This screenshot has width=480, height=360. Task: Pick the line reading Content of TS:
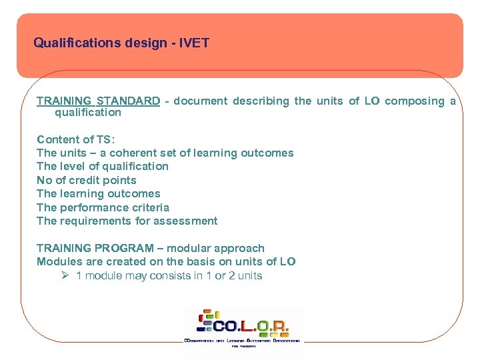pos(76,139)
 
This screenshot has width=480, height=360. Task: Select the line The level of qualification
pos(103,166)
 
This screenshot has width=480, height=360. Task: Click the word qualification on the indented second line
pos(88,112)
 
